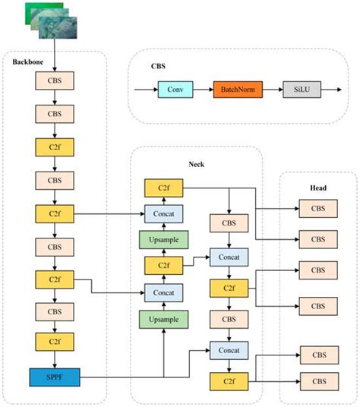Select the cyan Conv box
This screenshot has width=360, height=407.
[174, 90]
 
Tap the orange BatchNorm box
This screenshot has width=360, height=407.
[238, 90]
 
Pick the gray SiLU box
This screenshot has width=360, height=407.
[301, 90]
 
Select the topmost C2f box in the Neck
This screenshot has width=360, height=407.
[163, 188]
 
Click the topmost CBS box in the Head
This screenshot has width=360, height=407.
[319, 207]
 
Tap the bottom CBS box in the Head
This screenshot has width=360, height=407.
[319, 379]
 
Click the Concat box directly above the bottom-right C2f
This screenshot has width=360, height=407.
[229, 350]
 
